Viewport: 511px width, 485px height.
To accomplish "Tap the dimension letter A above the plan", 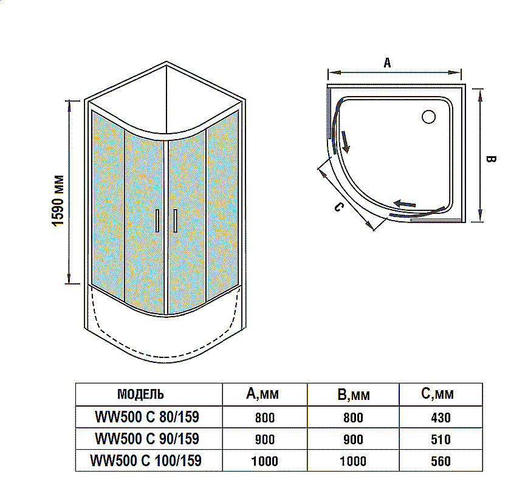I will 387,62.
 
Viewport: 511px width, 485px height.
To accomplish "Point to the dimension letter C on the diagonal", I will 339,207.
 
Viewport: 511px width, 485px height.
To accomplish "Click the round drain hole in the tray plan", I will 429,116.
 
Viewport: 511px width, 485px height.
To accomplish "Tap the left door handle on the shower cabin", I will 157,220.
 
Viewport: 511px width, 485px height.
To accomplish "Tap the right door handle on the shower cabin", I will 175,220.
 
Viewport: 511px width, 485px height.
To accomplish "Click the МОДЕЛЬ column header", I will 140,394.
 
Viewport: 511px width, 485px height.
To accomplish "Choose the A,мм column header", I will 262,394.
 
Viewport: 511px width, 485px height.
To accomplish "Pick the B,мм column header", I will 353,395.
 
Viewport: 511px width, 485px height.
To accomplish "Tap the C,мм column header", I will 437,394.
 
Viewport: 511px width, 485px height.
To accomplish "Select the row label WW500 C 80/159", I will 147,417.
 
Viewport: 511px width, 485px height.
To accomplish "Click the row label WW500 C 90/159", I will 147,438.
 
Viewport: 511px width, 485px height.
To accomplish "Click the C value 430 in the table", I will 441,418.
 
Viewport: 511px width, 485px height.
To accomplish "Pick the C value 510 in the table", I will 441,439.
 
